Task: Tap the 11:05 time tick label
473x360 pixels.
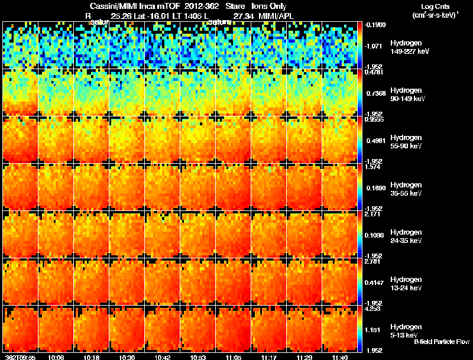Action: click(233, 357)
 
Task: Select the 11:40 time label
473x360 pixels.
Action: click(339, 357)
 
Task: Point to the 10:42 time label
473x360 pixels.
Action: click(162, 357)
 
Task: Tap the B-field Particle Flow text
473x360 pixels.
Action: click(440, 342)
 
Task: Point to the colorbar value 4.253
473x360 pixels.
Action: click(372, 308)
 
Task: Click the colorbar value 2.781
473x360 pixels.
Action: click(372, 261)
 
